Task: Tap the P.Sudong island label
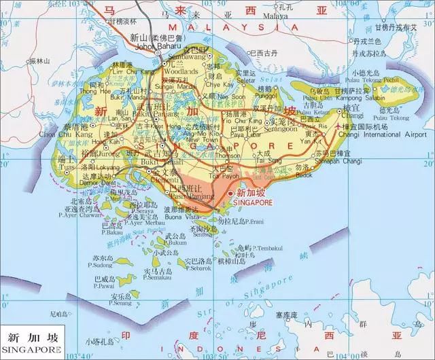[98, 266]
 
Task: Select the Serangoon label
[281, 129]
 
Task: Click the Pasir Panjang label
[184, 195]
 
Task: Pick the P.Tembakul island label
[268, 249]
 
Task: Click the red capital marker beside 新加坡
[231, 192]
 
